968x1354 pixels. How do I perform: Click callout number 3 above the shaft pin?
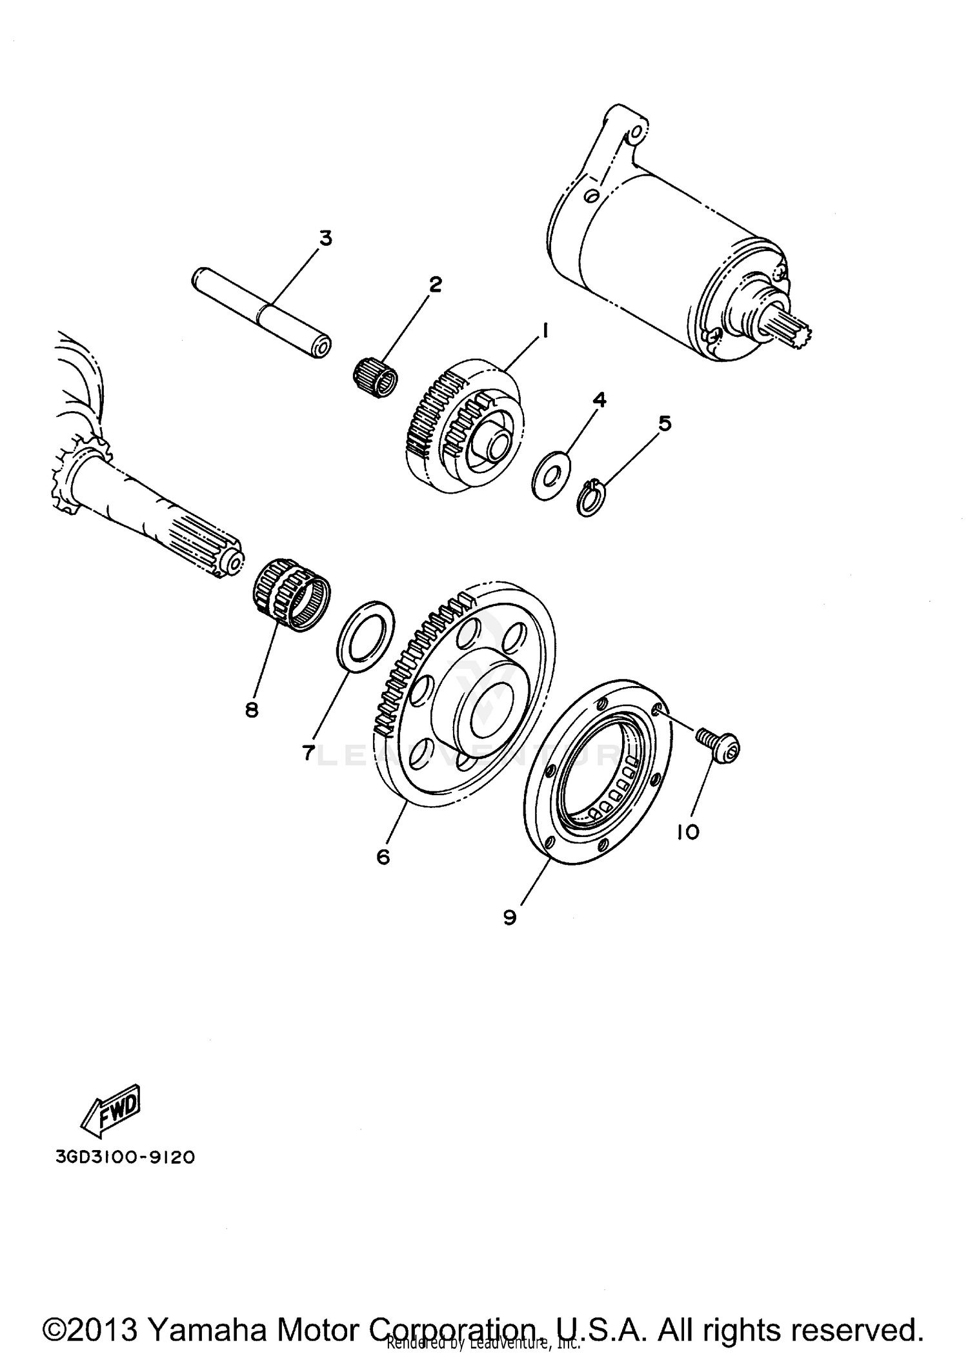pyautogui.click(x=326, y=238)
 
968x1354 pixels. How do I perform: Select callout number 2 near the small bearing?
pyautogui.click(x=436, y=284)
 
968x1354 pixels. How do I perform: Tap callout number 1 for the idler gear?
pyautogui.click(x=546, y=331)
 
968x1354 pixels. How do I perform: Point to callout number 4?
pyautogui.click(x=600, y=399)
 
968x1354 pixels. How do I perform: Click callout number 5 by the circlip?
pyautogui.click(x=665, y=423)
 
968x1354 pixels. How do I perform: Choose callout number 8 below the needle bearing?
pyautogui.click(x=252, y=710)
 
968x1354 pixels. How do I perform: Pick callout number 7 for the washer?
pyautogui.click(x=308, y=752)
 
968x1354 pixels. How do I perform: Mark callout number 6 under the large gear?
pyautogui.click(x=383, y=857)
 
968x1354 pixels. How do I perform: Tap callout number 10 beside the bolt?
pyautogui.click(x=689, y=833)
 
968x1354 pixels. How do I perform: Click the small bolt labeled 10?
pyautogui.click(x=718, y=743)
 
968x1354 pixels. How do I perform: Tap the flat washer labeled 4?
pyautogui.click(x=550, y=476)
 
